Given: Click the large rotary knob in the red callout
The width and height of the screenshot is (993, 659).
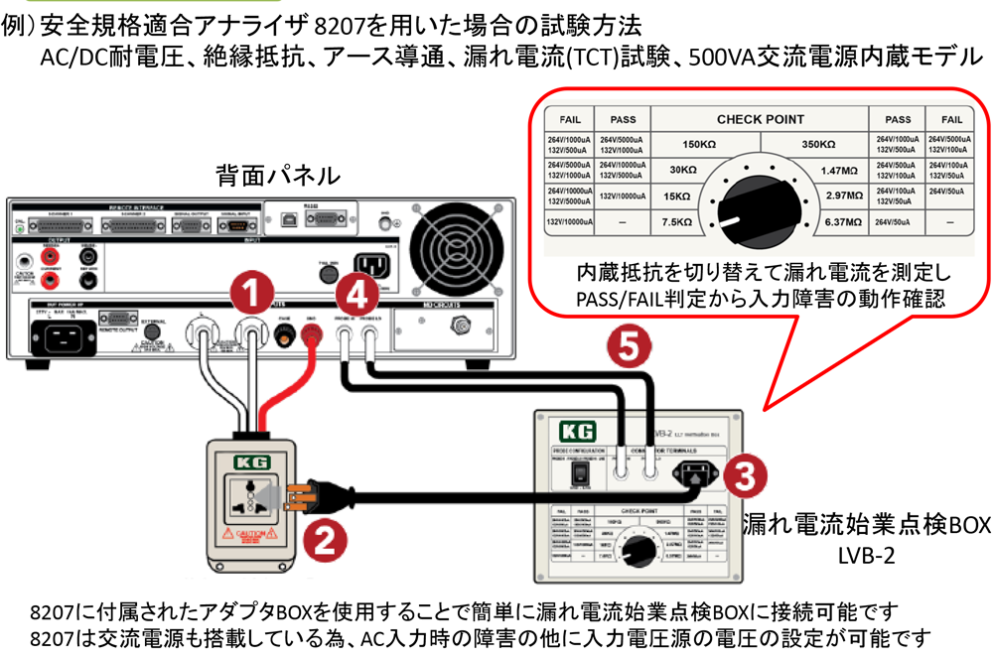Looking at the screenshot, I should pos(759,200).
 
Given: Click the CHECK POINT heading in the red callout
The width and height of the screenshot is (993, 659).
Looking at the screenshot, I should pos(760,119).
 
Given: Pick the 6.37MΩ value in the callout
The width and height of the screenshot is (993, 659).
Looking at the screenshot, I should pos(844,224).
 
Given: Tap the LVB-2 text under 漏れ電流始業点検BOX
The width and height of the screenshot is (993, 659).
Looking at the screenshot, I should pos(867,556).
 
